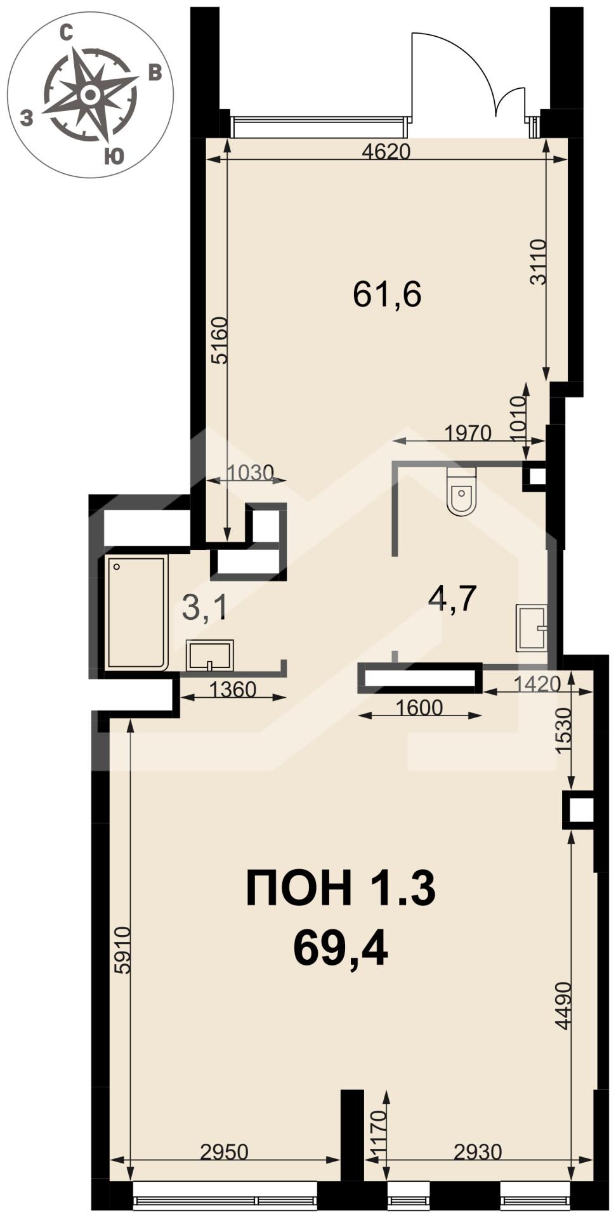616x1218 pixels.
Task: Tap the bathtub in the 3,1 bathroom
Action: click(137, 612)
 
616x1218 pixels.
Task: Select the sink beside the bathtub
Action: click(209, 655)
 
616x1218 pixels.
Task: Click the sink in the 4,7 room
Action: click(532, 628)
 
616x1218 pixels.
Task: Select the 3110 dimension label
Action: click(538, 262)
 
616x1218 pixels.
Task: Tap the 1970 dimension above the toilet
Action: click(468, 433)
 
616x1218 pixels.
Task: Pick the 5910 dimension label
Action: click(122, 950)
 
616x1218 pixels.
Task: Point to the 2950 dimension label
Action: click(224, 1151)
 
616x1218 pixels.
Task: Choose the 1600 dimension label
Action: click(418, 707)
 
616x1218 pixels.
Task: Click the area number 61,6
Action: click(387, 294)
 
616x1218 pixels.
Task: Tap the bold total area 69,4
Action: click(341, 950)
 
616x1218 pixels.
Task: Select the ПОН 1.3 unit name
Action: click(341, 888)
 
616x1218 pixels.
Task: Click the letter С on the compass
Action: click(65, 34)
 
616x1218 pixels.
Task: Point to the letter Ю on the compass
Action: click(114, 157)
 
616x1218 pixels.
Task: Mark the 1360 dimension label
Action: click(233, 690)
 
